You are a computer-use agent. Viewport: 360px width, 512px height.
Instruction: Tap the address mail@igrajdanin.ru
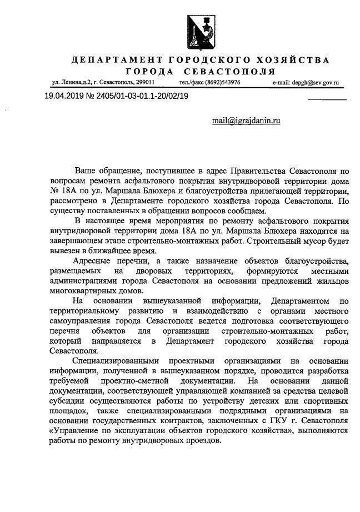tap(246, 121)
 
